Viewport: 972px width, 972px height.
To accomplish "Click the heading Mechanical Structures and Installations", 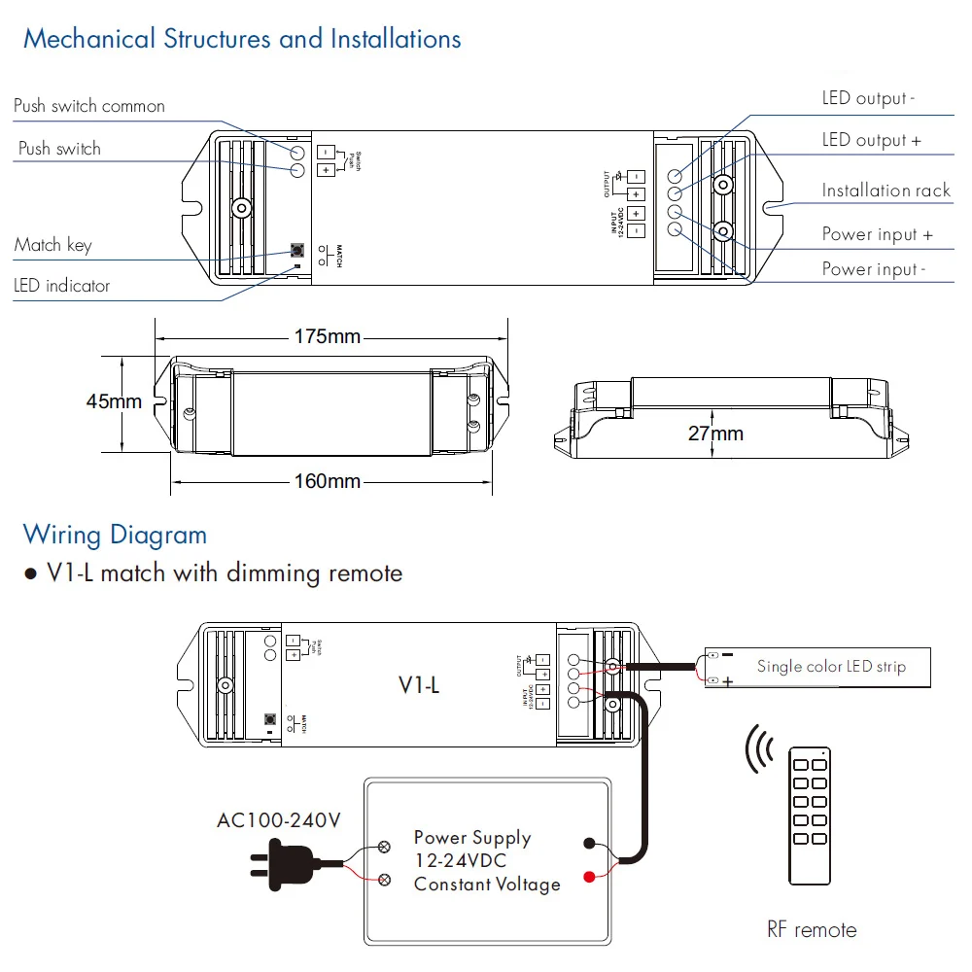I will point(242,40).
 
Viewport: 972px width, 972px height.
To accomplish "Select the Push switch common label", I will point(89,106).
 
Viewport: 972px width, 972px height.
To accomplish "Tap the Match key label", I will point(53,245).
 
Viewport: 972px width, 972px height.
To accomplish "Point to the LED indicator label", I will point(62,286).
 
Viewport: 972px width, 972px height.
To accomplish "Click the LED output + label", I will point(871,141).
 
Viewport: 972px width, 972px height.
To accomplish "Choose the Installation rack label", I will point(885,191).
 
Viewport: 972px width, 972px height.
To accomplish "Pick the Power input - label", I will point(874,269).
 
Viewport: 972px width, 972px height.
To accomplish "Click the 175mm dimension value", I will point(327,337).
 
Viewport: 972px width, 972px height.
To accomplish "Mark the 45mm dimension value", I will point(114,401).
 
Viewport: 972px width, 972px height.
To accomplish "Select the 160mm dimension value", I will point(327,481).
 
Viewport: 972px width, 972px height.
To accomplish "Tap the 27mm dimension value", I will point(715,434).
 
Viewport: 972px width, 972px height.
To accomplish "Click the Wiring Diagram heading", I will point(115,535).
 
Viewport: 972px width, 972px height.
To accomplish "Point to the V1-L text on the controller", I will point(419,685).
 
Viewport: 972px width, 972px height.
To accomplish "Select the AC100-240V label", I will point(279,820).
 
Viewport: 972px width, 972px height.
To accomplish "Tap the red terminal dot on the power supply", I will point(589,878).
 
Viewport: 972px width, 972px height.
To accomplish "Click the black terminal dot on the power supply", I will point(589,844).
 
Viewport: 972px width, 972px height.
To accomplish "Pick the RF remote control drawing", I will point(809,816).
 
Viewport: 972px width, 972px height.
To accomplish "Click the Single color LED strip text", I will point(831,667).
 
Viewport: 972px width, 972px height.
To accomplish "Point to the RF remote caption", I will point(812,930).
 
